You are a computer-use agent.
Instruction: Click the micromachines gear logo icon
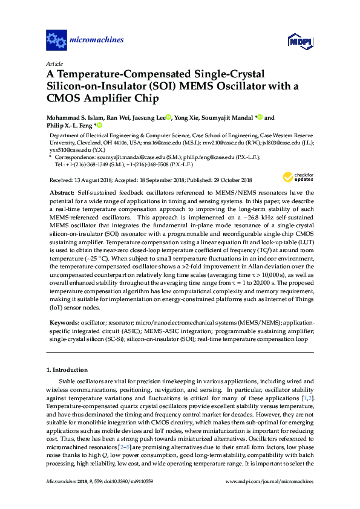pyautogui.click(x=56, y=41)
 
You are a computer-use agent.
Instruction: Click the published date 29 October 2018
pyautogui.click(x=235, y=179)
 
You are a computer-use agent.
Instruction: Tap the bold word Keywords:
pyautogui.click(x=65, y=323)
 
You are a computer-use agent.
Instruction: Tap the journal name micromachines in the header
pyautogui.click(x=97, y=41)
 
